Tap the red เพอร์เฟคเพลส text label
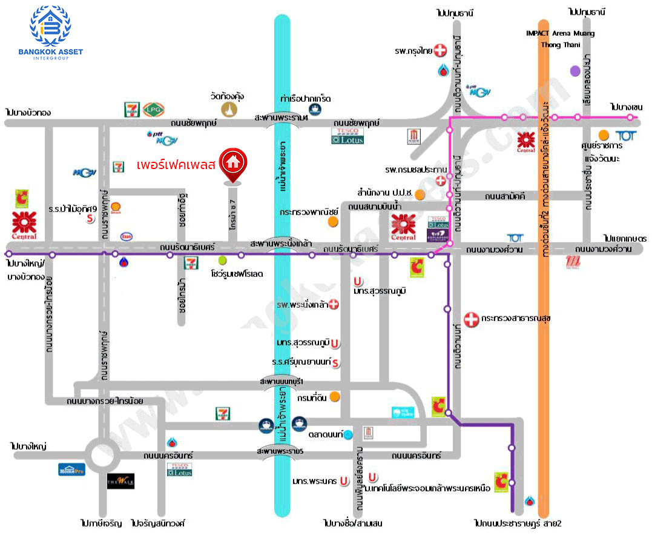pyautogui.click(x=176, y=164)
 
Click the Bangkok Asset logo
pyautogui.click(x=56, y=34)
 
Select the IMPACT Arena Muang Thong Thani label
pyautogui.click(x=559, y=39)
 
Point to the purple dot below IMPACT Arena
pyautogui.click(x=575, y=71)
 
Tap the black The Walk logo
pyautogui.click(x=120, y=481)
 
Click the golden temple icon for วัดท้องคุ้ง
pyautogui.click(x=229, y=108)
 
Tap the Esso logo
pyautogui.click(x=127, y=236)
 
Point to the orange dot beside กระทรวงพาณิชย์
pyautogui.click(x=332, y=222)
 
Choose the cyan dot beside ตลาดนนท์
pyautogui.click(x=348, y=434)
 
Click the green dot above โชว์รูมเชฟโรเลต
pyautogui.click(x=222, y=261)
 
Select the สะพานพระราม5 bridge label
pyautogui.click(x=279, y=451)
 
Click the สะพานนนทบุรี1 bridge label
pyautogui.click(x=280, y=380)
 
